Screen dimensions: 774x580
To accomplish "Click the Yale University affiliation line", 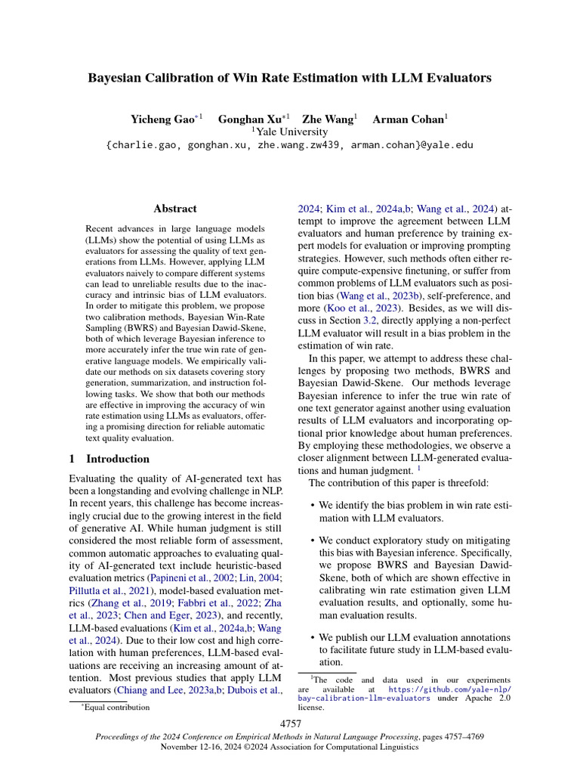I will click(290, 132).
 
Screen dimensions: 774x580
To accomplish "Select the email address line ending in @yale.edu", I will click(290, 144).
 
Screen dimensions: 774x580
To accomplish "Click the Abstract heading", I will click(174, 209).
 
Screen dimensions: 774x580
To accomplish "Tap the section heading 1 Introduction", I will click(109, 459).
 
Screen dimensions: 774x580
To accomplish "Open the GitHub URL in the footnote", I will click(450, 694).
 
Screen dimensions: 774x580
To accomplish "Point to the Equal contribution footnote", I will click(116, 707).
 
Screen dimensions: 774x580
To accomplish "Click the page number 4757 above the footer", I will click(290, 724).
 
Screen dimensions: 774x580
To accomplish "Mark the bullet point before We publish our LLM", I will click(312, 639).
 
